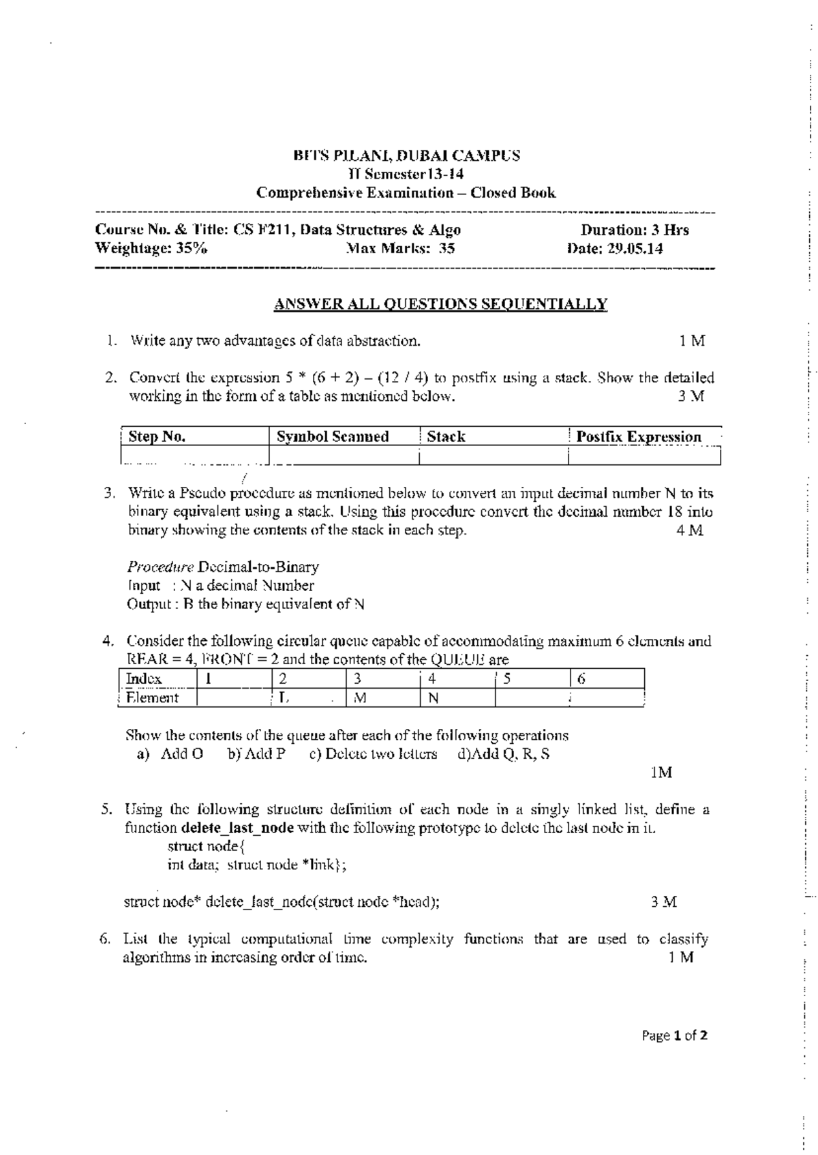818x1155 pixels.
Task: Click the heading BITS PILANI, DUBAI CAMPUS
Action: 406,155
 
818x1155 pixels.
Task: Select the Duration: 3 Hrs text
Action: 634,230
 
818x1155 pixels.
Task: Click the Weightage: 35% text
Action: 151,249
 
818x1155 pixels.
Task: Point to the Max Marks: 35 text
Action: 400,249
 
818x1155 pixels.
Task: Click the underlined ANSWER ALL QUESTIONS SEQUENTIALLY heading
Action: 440,304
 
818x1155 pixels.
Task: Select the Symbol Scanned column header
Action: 332,437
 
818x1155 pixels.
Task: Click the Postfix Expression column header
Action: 638,437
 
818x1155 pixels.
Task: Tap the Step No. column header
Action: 157,437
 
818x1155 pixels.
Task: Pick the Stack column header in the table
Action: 446,437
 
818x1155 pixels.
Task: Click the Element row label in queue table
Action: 152,698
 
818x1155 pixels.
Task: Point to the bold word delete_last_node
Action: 237,828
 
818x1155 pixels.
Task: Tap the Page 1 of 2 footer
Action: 674,1036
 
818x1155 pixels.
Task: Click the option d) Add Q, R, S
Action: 504,754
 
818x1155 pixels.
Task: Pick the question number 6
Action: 104,940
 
